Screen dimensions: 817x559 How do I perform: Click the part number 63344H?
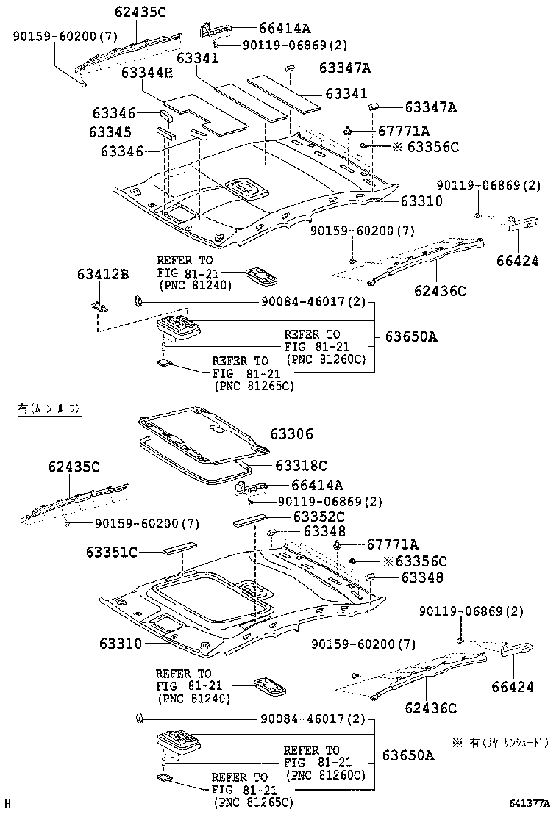147,73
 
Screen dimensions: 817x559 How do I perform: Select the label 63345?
113,132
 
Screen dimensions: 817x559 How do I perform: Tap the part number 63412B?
102,275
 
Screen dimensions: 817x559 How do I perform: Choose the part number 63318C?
302,465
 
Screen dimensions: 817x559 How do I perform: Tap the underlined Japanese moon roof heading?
49,408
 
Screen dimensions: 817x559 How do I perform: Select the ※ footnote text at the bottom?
500,742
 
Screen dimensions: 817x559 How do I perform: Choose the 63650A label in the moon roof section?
409,755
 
